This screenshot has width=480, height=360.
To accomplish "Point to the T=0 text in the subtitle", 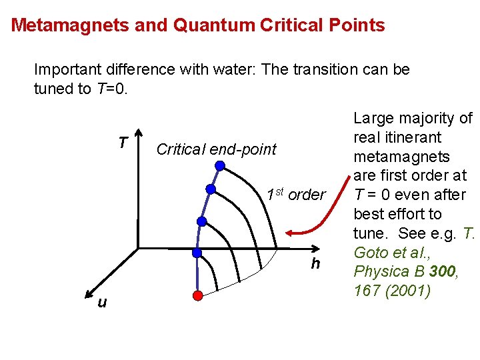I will [111, 89].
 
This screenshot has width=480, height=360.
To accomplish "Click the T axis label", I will [123, 143].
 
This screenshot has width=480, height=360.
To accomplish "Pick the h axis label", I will [315, 264].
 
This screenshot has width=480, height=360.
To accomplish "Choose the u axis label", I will [101, 303].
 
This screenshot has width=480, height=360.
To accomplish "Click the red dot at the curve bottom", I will [197, 294].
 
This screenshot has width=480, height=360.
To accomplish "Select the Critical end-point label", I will [215, 149].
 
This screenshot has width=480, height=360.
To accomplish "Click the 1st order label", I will [295, 195].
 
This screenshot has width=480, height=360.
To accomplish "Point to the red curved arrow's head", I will [291, 233].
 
